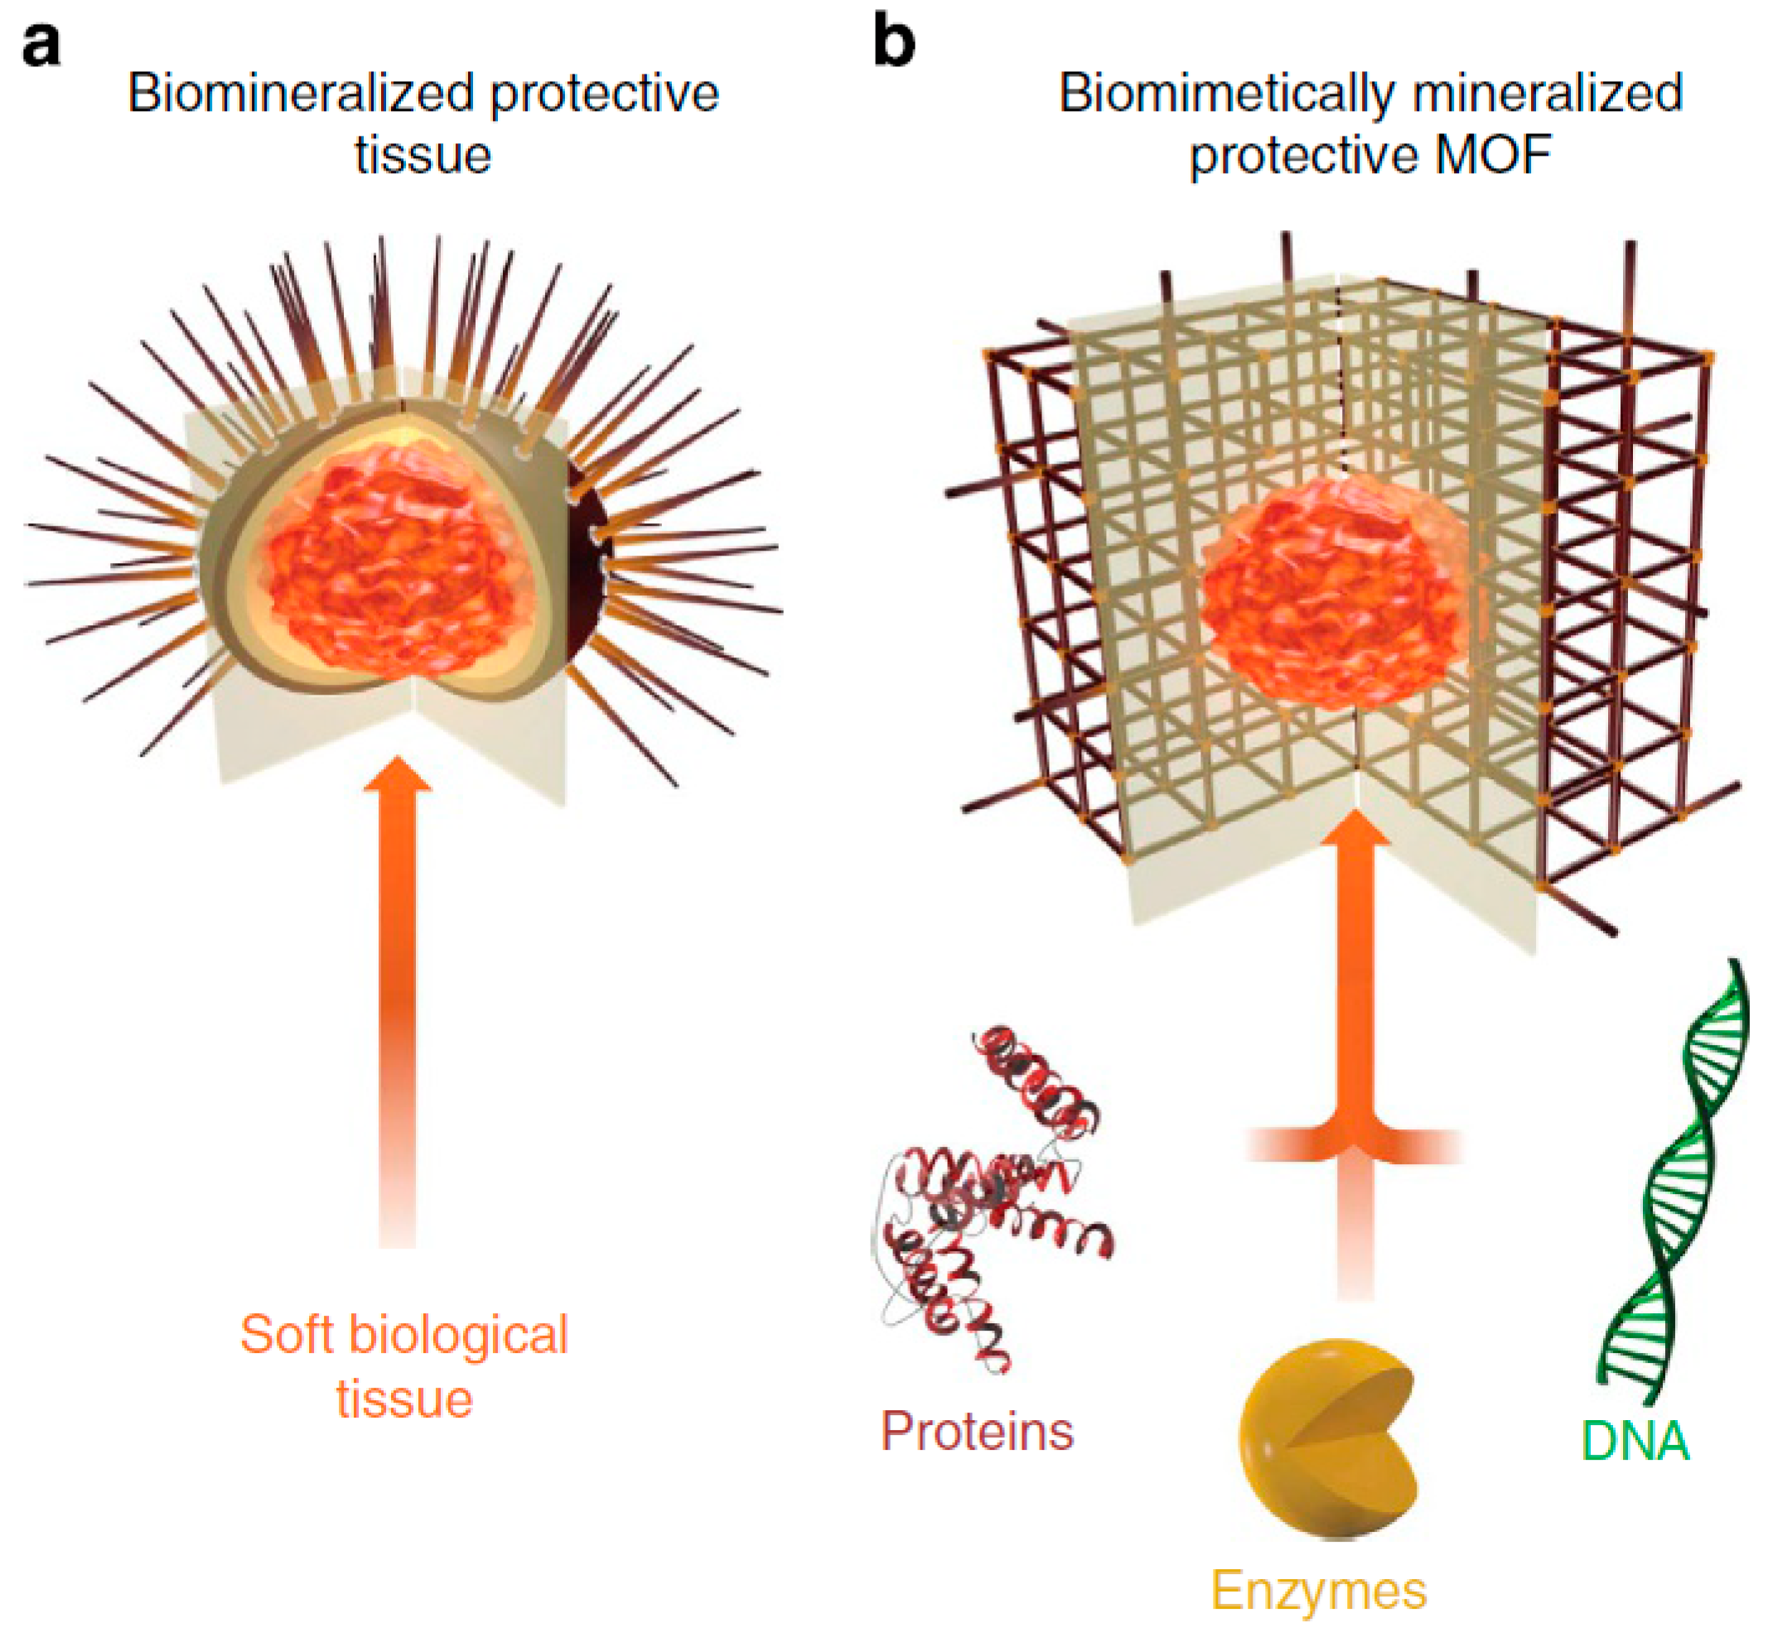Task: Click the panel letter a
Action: tap(41, 44)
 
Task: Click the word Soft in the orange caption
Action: tap(284, 1334)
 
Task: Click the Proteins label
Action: tap(977, 1431)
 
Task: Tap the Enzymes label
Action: tap(1319, 1590)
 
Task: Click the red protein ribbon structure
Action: tap(993, 1196)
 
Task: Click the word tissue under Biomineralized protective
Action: tap(423, 154)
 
